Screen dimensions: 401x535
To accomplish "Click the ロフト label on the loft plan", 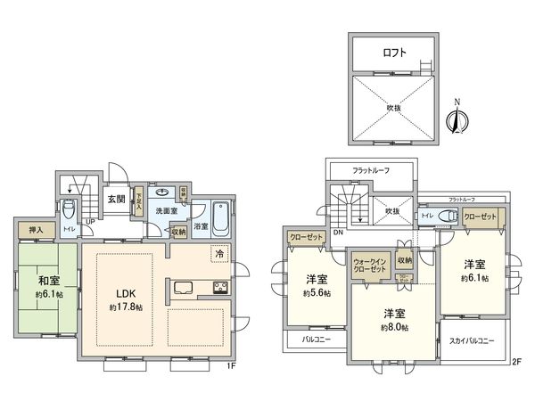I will [x=397, y=53].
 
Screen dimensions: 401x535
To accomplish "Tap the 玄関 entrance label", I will [x=115, y=199].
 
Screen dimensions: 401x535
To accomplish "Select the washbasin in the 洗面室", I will [x=163, y=192].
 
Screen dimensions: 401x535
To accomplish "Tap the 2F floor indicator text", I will [x=515, y=362].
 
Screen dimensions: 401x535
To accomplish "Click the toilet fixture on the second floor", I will [x=449, y=216].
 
